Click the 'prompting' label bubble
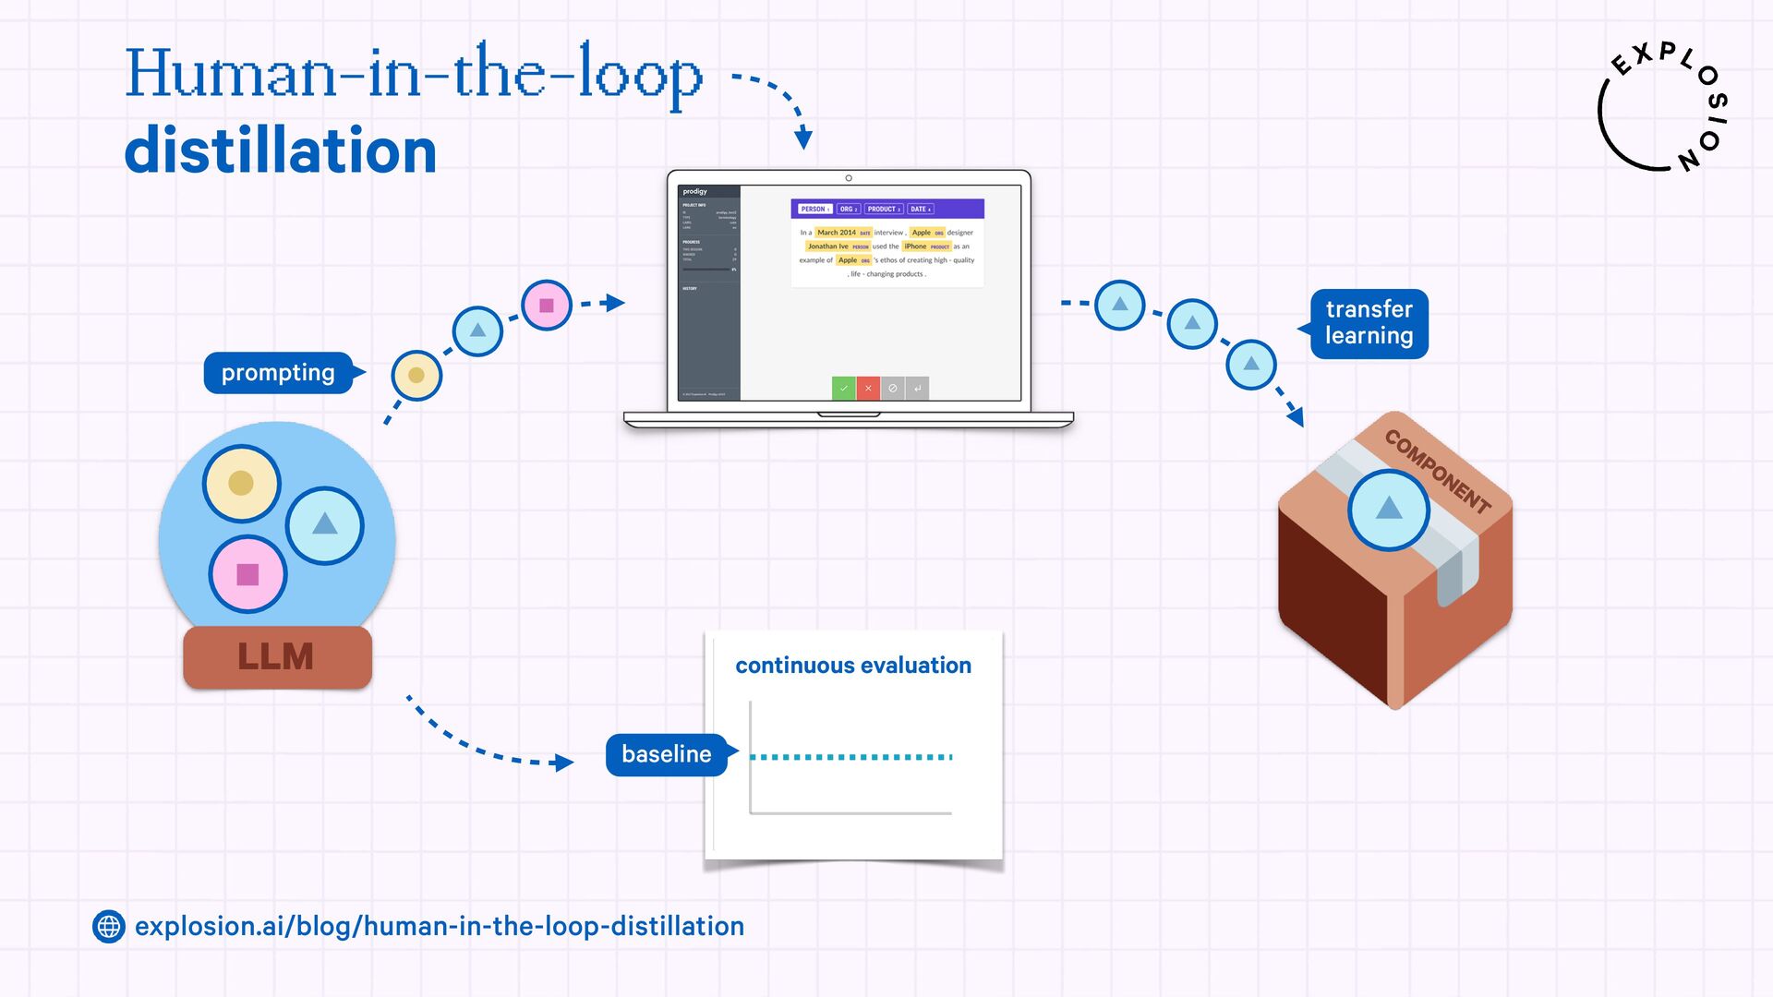click(278, 373)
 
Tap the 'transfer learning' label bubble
click(1369, 323)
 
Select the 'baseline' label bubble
click(667, 754)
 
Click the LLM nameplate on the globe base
click(277, 656)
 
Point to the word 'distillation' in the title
click(280, 151)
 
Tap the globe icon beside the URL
click(109, 926)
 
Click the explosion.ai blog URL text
click(440, 926)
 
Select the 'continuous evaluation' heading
click(853, 666)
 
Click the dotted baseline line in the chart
click(850, 757)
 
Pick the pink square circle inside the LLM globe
click(247, 574)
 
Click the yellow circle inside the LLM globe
click(241, 483)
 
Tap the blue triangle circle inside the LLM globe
click(324, 524)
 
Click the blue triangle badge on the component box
click(1388, 509)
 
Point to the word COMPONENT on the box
click(1438, 471)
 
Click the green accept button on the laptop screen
click(843, 389)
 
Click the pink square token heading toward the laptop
click(547, 306)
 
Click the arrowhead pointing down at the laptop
click(803, 138)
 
